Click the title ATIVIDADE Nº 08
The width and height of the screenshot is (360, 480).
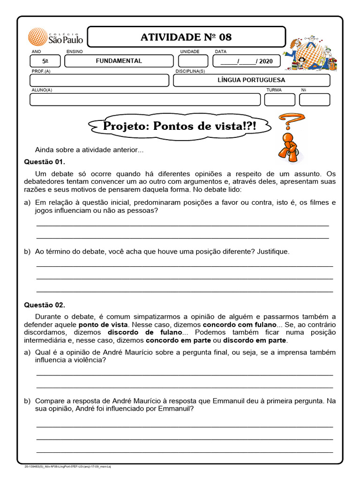[186, 37]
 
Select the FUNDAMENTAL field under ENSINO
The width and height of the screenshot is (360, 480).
[119, 61]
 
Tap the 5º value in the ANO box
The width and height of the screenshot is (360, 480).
[45, 61]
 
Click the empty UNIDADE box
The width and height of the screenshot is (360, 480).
[193, 61]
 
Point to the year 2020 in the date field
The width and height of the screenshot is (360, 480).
[265, 61]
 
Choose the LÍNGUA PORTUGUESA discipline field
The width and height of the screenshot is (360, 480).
[251, 80]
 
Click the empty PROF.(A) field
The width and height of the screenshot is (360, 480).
[99, 80]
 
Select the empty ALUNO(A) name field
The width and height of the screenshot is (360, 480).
[145, 99]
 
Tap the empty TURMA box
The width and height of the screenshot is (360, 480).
[279, 99]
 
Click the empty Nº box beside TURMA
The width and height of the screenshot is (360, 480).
[315, 99]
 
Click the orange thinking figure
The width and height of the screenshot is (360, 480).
[286, 148]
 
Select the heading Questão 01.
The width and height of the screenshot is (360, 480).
[45, 162]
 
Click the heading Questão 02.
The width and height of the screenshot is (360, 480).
[45, 305]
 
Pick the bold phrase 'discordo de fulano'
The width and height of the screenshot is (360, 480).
[142, 332]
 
